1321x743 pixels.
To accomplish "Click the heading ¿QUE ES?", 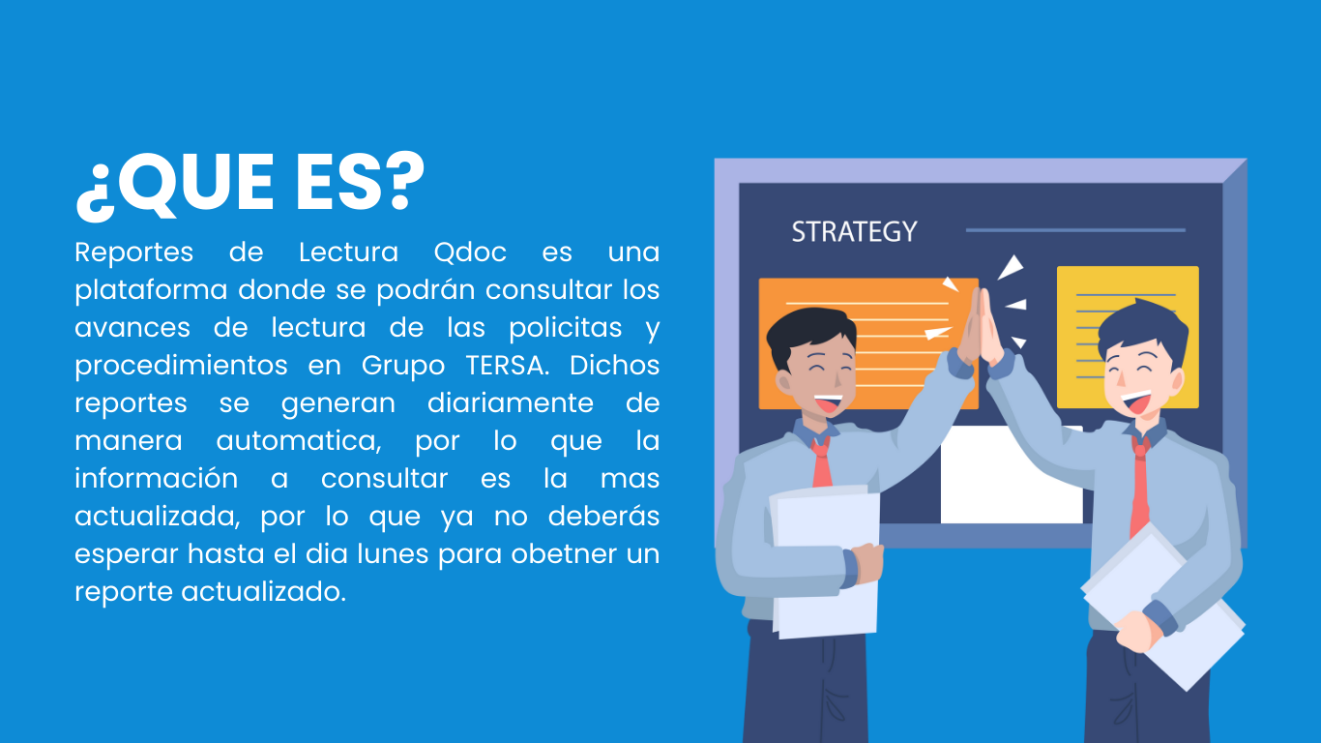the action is point(250,186).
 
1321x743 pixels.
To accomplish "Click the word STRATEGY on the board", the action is point(854,231).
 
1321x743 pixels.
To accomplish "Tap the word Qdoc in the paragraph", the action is point(470,253).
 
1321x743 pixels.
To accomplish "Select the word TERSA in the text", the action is point(507,366).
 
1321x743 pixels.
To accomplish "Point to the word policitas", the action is point(566,328).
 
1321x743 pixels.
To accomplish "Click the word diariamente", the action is point(510,403).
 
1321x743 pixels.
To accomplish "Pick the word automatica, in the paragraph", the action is point(299,441).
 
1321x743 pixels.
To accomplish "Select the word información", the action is point(157,479).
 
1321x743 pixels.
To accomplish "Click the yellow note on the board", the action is point(1128,337).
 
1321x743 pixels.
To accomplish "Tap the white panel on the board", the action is point(1012,475).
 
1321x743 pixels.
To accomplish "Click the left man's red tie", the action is point(821,462).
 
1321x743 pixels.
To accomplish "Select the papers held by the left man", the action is point(825,562).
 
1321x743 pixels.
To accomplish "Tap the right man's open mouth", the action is point(1136,402).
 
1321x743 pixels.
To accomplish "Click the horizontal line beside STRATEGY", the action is point(1075,230).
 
